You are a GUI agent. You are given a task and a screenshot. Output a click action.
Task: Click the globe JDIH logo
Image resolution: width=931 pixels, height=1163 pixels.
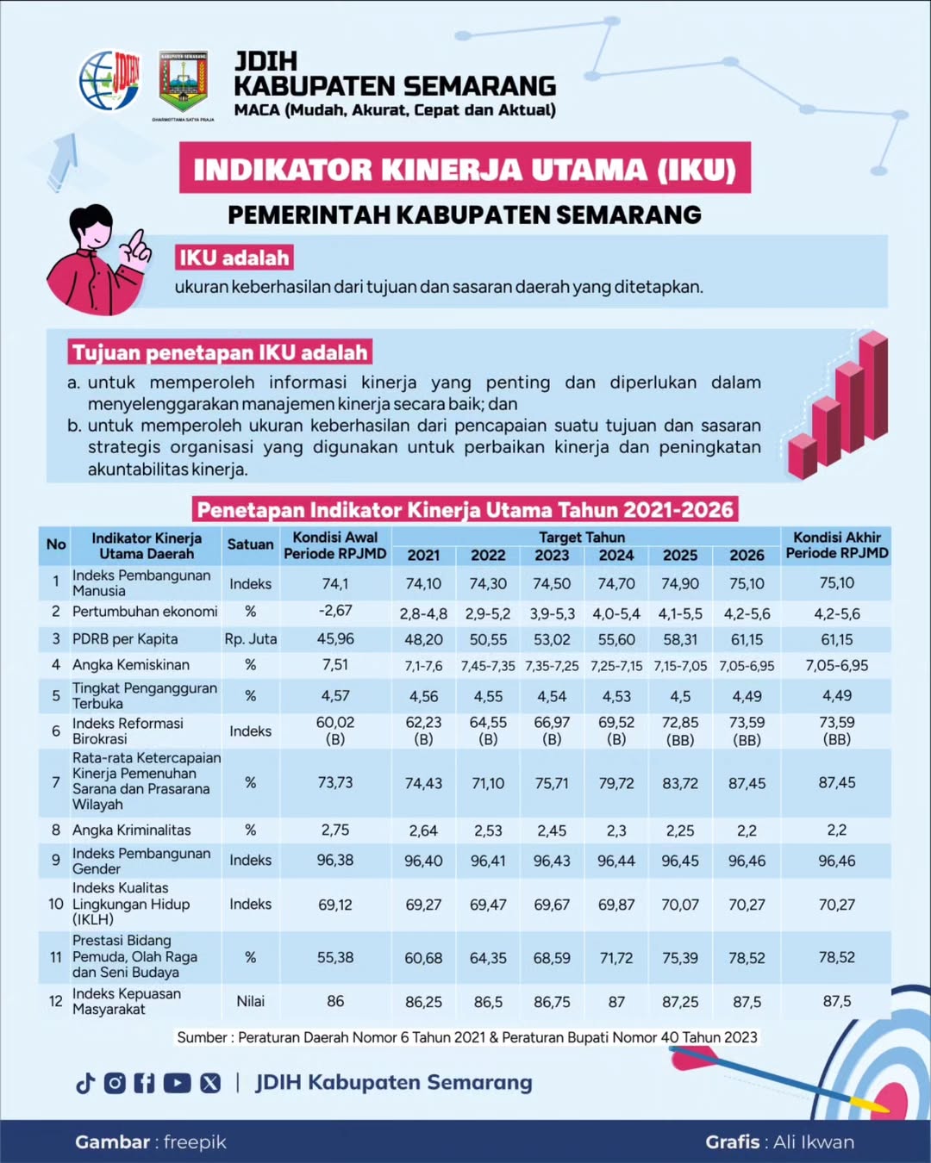tap(109, 81)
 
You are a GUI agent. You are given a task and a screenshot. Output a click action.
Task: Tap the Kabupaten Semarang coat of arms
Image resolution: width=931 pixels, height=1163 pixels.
tap(183, 83)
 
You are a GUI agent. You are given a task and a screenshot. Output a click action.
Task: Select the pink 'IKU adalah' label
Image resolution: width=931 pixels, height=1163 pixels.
tap(234, 258)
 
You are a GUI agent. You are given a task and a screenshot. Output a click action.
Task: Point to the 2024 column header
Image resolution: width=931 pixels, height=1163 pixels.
tap(616, 556)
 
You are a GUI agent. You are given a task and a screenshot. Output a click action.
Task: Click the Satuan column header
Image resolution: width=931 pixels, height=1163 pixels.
tap(250, 544)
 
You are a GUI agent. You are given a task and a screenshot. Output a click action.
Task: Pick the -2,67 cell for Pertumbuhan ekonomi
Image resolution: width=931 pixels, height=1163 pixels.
tap(335, 611)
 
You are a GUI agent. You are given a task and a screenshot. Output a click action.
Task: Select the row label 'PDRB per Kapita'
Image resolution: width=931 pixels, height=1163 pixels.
tap(125, 639)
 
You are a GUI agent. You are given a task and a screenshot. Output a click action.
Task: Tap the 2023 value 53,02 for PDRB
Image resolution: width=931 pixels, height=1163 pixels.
tap(552, 640)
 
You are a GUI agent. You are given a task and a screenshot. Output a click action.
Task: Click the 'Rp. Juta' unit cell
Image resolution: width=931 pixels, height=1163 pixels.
tap(250, 639)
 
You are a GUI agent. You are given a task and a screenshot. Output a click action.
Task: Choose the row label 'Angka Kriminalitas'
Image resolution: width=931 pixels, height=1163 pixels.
tap(131, 830)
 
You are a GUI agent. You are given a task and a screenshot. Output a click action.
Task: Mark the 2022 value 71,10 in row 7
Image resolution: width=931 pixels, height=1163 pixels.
tap(488, 784)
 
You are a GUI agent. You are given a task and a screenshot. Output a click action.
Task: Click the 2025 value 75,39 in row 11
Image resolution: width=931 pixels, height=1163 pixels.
tap(680, 958)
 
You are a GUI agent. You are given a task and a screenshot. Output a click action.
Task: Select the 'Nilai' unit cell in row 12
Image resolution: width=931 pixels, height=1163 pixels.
tap(250, 1001)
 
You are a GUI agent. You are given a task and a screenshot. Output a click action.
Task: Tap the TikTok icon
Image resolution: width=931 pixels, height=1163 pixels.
tap(85, 1083)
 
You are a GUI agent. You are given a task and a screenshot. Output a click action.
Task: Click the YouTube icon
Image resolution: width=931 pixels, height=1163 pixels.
tap(177, 1083)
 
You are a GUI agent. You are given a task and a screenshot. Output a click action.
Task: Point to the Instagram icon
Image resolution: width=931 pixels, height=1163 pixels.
tap(115, 1083)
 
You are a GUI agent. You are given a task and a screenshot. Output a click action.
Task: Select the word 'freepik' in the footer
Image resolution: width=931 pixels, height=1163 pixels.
tap(195, 1142)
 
